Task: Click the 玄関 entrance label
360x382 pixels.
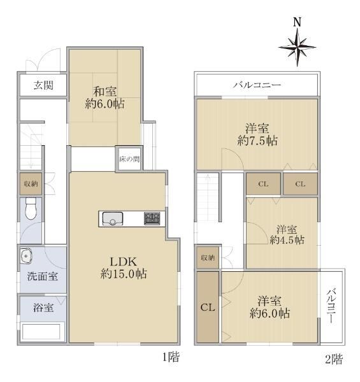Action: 43,85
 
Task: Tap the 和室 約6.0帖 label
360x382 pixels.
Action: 104,98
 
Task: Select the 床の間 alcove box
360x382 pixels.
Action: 129,159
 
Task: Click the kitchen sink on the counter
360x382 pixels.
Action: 112,219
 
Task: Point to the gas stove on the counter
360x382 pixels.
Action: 152,218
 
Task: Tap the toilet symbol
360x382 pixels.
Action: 31,208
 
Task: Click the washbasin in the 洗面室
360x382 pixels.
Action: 26,255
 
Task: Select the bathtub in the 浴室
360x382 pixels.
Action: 41,331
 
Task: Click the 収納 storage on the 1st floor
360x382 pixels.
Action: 31,184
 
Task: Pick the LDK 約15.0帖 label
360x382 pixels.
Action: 124,268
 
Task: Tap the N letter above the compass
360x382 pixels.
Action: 297,22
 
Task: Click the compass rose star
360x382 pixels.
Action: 297,47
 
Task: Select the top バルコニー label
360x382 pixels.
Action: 257,85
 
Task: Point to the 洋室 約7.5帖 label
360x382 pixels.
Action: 257,134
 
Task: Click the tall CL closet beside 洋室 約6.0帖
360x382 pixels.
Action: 208,307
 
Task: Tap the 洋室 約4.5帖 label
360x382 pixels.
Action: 287,235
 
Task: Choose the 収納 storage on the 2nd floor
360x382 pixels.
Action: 208,257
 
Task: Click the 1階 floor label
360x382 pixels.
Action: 171,357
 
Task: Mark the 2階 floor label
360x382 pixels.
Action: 334,359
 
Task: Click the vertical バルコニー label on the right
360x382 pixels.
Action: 331,306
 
